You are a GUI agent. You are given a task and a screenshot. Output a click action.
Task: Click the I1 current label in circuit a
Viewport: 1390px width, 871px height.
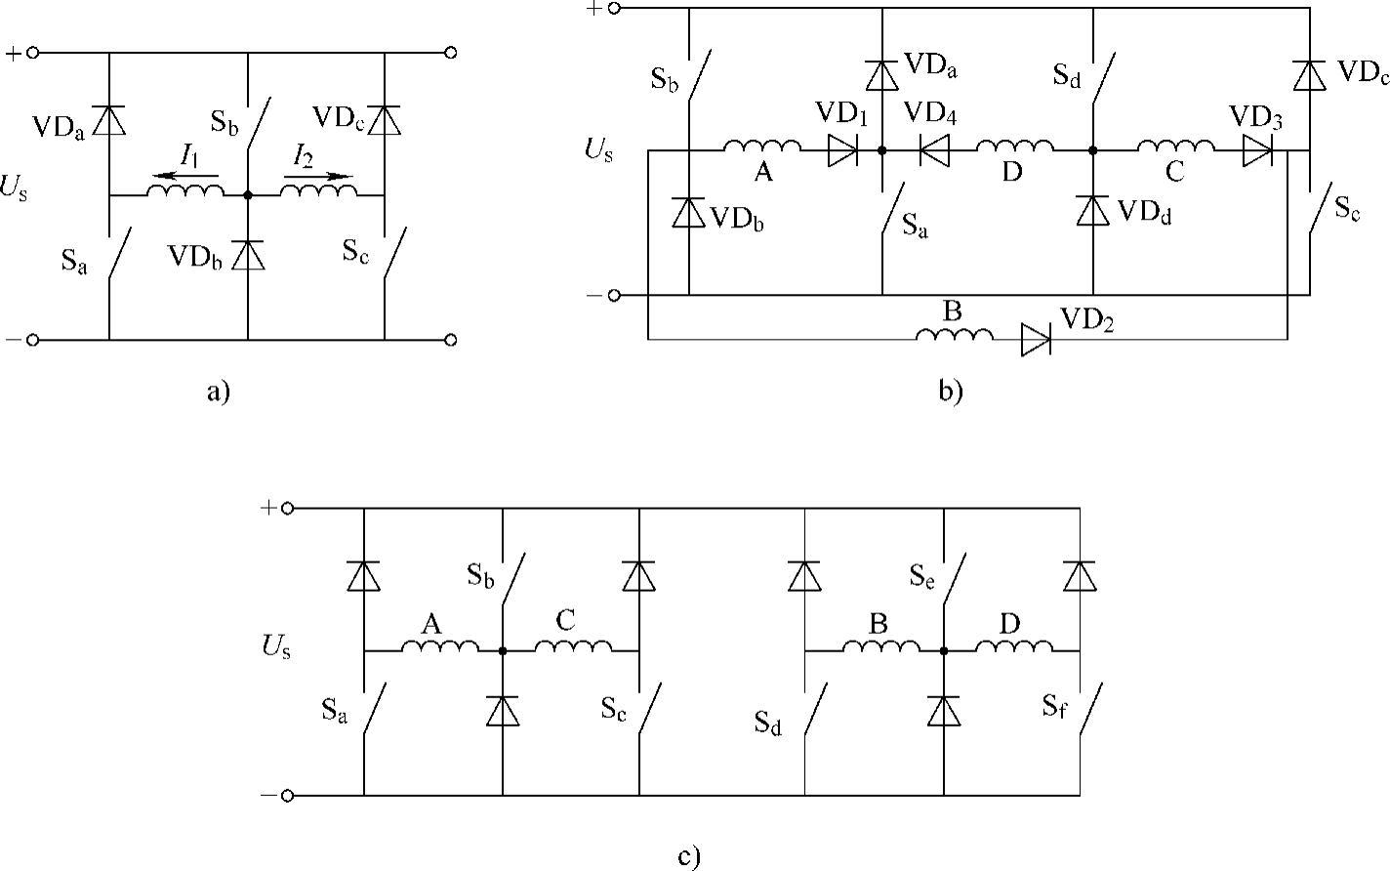click(189, 156)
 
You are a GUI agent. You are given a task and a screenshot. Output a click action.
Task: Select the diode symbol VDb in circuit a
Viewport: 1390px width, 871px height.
click(248, 255)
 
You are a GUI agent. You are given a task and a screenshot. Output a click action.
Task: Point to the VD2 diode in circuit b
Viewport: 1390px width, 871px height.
click(1036, 340)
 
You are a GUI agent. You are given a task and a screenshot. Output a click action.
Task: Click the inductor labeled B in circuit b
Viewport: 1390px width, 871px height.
click(954, 336)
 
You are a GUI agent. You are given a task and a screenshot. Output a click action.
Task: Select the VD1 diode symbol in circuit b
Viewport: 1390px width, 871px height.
click(842, 150)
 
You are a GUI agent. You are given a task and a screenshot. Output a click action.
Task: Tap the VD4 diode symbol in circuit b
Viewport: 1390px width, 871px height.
click(936, 150)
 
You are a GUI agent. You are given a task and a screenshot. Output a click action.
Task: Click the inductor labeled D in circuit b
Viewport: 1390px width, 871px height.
click(1015, 147)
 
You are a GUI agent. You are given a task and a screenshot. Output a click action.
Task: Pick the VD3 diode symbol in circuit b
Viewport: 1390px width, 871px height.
click(1257, 150)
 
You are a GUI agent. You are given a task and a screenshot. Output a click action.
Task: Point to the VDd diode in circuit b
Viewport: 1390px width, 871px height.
click(1093, 211)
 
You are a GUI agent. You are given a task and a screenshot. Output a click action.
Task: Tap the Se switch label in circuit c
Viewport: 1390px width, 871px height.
click(922, 576)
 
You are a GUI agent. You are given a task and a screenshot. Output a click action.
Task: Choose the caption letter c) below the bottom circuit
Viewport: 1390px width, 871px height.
click(688, 857)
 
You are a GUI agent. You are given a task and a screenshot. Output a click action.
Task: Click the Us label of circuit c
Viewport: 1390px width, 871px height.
click(275, 645)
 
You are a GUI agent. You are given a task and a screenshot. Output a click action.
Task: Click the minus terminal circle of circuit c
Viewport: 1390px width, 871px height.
click(287, 796)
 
